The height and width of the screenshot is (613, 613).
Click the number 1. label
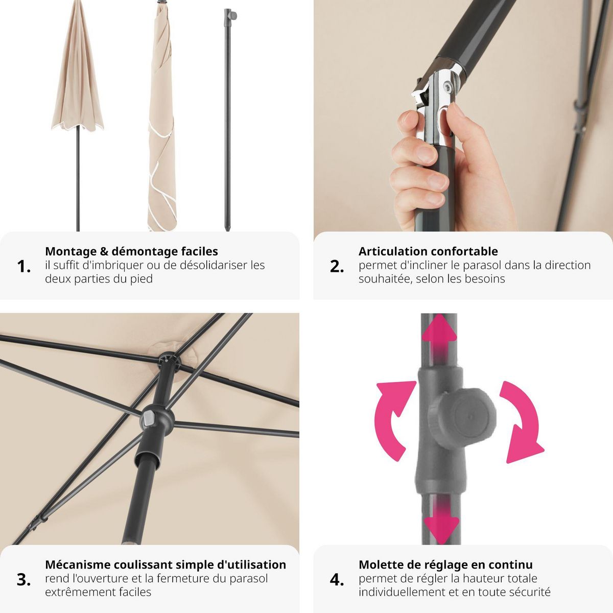[x=24, y=266]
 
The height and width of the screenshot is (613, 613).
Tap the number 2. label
[x=337, y=266]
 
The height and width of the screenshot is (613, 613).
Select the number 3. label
[x=24, y=580]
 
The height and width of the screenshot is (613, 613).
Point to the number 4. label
[x=337, y=580]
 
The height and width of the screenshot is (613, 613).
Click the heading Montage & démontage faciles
[x=131, y=251]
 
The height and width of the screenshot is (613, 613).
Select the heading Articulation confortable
[x=428, y=251]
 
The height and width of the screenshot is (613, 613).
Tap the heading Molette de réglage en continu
[x=445, y=564]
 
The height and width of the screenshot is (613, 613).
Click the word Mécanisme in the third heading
[x=78, y=564]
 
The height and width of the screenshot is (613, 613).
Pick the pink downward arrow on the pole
[x=440, y=521]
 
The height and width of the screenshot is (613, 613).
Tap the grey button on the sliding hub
[x=149, y=419]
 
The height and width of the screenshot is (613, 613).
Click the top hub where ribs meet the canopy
[x=169, y=360]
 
